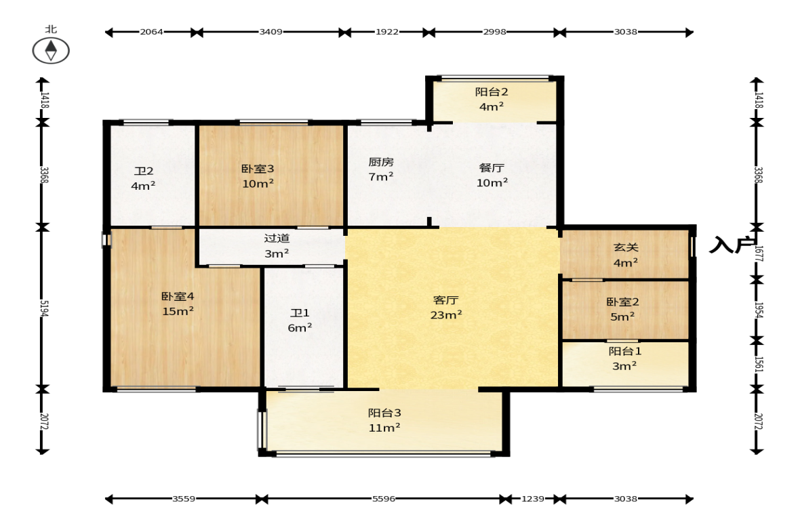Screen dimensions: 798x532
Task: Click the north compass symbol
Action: point(51,50)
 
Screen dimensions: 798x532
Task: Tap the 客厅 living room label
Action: point(446,300)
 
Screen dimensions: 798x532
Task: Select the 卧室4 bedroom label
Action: point(178,296)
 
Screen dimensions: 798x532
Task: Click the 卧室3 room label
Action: point(258,168)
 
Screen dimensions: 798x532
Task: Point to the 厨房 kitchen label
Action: point(381,162)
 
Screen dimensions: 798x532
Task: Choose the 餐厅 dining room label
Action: point(492,167)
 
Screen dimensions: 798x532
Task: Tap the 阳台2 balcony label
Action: point(492,91)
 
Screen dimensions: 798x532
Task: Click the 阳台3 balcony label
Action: point(384,413)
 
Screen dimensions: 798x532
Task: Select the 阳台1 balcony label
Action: point(625,351)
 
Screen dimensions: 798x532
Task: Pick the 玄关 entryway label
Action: point(626,247)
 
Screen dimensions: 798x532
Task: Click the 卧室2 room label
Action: point(622,302)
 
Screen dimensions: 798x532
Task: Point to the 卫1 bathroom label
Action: point(300,313)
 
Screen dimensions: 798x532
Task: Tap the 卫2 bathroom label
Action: point(144,171)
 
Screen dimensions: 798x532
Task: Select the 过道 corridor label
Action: point(277,238)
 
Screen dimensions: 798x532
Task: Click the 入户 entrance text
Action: point(732,245)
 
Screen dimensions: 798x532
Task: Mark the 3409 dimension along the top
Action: point(271,32)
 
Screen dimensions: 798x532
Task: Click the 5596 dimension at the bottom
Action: point(384,498)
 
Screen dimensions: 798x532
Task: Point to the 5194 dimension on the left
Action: point(44,308)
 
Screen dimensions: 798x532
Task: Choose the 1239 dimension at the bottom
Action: point(533,498)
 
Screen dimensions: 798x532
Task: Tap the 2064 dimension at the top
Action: point(152,32)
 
